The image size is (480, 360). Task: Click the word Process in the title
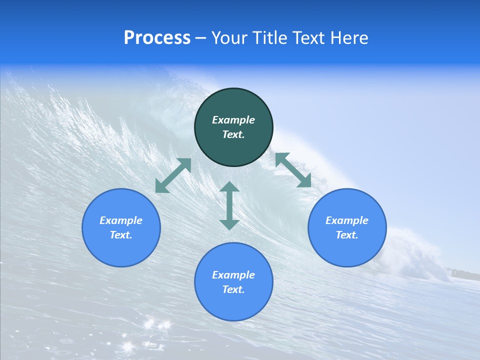point(157,38)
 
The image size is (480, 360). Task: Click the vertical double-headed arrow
point(229,206)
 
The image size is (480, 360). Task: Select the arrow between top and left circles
point(173,175)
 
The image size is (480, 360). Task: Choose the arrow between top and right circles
point(293,170)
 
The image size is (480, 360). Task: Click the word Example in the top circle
point(233,120)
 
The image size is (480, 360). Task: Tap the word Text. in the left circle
point(121,235)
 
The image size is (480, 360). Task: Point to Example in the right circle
point(347,220)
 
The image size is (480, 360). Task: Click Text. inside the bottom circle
point(233,289)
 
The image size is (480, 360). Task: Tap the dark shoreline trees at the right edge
point(465,273)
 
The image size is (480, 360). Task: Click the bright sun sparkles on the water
point(150,325)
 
